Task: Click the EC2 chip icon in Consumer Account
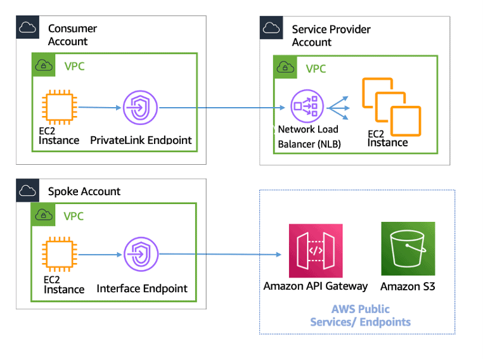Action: [58, 108]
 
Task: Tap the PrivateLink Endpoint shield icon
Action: [140, 108]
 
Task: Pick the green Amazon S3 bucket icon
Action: [408, 249]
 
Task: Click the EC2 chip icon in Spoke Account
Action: [58, 255]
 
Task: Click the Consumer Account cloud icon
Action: [27, 27]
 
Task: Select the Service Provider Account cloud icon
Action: [271, 27]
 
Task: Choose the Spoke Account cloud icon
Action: [27, 190]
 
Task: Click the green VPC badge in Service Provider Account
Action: [285, 68]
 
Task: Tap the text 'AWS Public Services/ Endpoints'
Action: [360, 316]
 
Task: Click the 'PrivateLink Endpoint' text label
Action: [141, 140]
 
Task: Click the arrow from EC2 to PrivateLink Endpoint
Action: [98, 108]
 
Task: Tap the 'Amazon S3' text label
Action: [408, 286]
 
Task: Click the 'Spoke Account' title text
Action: [84, 191]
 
